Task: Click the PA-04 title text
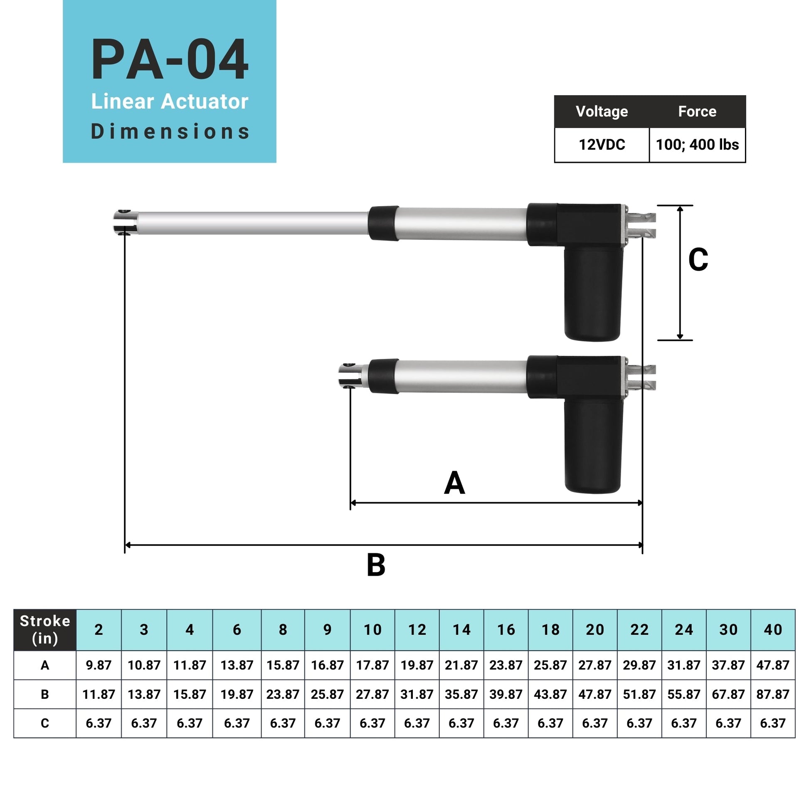(170, 59)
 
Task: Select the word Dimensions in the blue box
(170, 131)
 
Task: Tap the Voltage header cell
(601, 111)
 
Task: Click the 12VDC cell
(601, 145)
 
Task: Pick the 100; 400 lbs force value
(697, 145)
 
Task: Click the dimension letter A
(454, 483)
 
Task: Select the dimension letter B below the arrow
(376, 565)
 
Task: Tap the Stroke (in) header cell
(45, 629)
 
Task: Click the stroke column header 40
(772, 629)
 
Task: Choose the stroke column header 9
(327, 629)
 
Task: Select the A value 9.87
(99, 665)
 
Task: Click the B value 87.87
(772, 694)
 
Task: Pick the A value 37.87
(728, 665)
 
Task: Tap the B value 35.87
(461, 694)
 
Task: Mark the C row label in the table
(45, 723)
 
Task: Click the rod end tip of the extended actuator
(124, 222)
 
